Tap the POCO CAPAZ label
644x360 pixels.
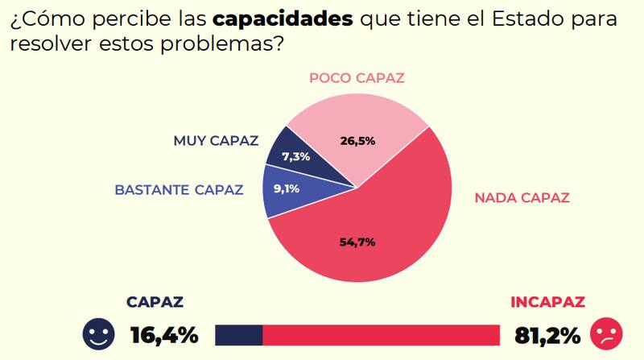click(x=357, y=78)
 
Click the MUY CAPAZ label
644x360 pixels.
click(x=216, y=141)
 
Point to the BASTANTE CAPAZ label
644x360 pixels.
click(x=179, y=191)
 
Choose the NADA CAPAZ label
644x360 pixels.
click(x=522, y=197)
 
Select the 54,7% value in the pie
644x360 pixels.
click(x=358, y=242)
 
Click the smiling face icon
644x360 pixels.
click(x=98, y=333)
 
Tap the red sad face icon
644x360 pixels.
click(x=606, y=333)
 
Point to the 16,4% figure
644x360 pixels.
click(x=163, y=334)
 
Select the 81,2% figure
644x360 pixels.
click(x=541, y=334)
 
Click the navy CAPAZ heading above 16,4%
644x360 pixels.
click(x=155, y=303)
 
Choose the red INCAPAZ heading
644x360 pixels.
click(x=547, y=303)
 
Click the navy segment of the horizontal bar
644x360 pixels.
click(x=239, y=334)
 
